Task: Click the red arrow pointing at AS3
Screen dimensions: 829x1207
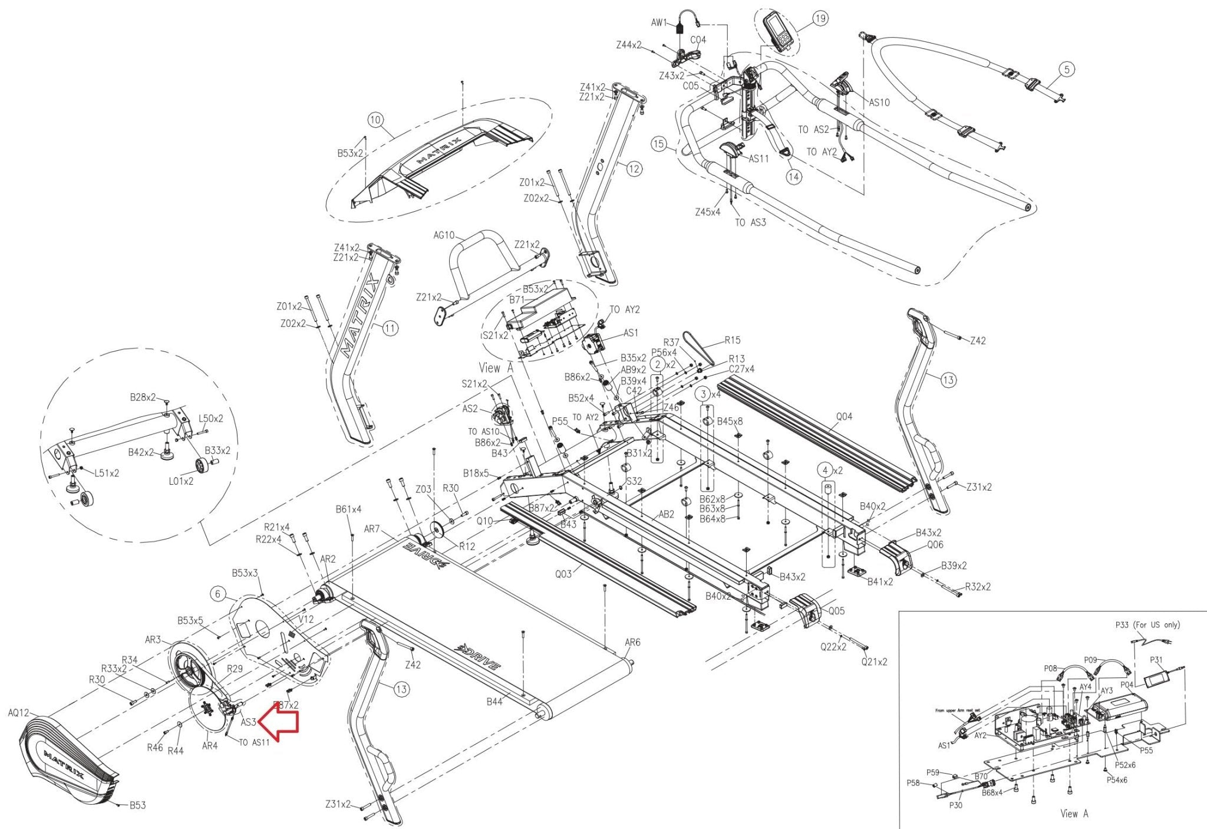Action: tap(280, 722)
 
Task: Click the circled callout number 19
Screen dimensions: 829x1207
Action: tap(820, 19)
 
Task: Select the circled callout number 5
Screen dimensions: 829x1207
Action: tap(1067, 70)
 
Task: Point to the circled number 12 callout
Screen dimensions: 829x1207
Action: tap(634, 170)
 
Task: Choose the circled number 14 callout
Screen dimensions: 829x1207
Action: tap(794, 176)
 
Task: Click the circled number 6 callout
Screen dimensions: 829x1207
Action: tap(218, 594)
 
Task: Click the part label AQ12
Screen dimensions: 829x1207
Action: tap(18, 713)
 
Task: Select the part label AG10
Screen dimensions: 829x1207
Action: tap(444, 235)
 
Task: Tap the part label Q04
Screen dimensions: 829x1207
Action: tap(844, 417)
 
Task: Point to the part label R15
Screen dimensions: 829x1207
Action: tap(733, 340)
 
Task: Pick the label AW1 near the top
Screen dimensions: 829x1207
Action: tap(659, 23)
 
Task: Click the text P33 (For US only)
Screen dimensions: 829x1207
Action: tap(1147, 625)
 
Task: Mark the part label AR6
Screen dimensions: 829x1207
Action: tap(632, 643)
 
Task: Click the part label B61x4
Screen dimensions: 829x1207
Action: tap(348, 509)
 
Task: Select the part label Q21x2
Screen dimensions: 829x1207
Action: tap(874, 662)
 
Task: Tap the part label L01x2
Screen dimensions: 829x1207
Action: tap(181, 481)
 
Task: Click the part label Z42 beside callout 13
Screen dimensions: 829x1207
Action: tap(978, 341)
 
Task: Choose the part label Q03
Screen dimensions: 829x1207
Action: tap(563, 574)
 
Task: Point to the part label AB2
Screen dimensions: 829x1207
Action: tap(665, 515)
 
